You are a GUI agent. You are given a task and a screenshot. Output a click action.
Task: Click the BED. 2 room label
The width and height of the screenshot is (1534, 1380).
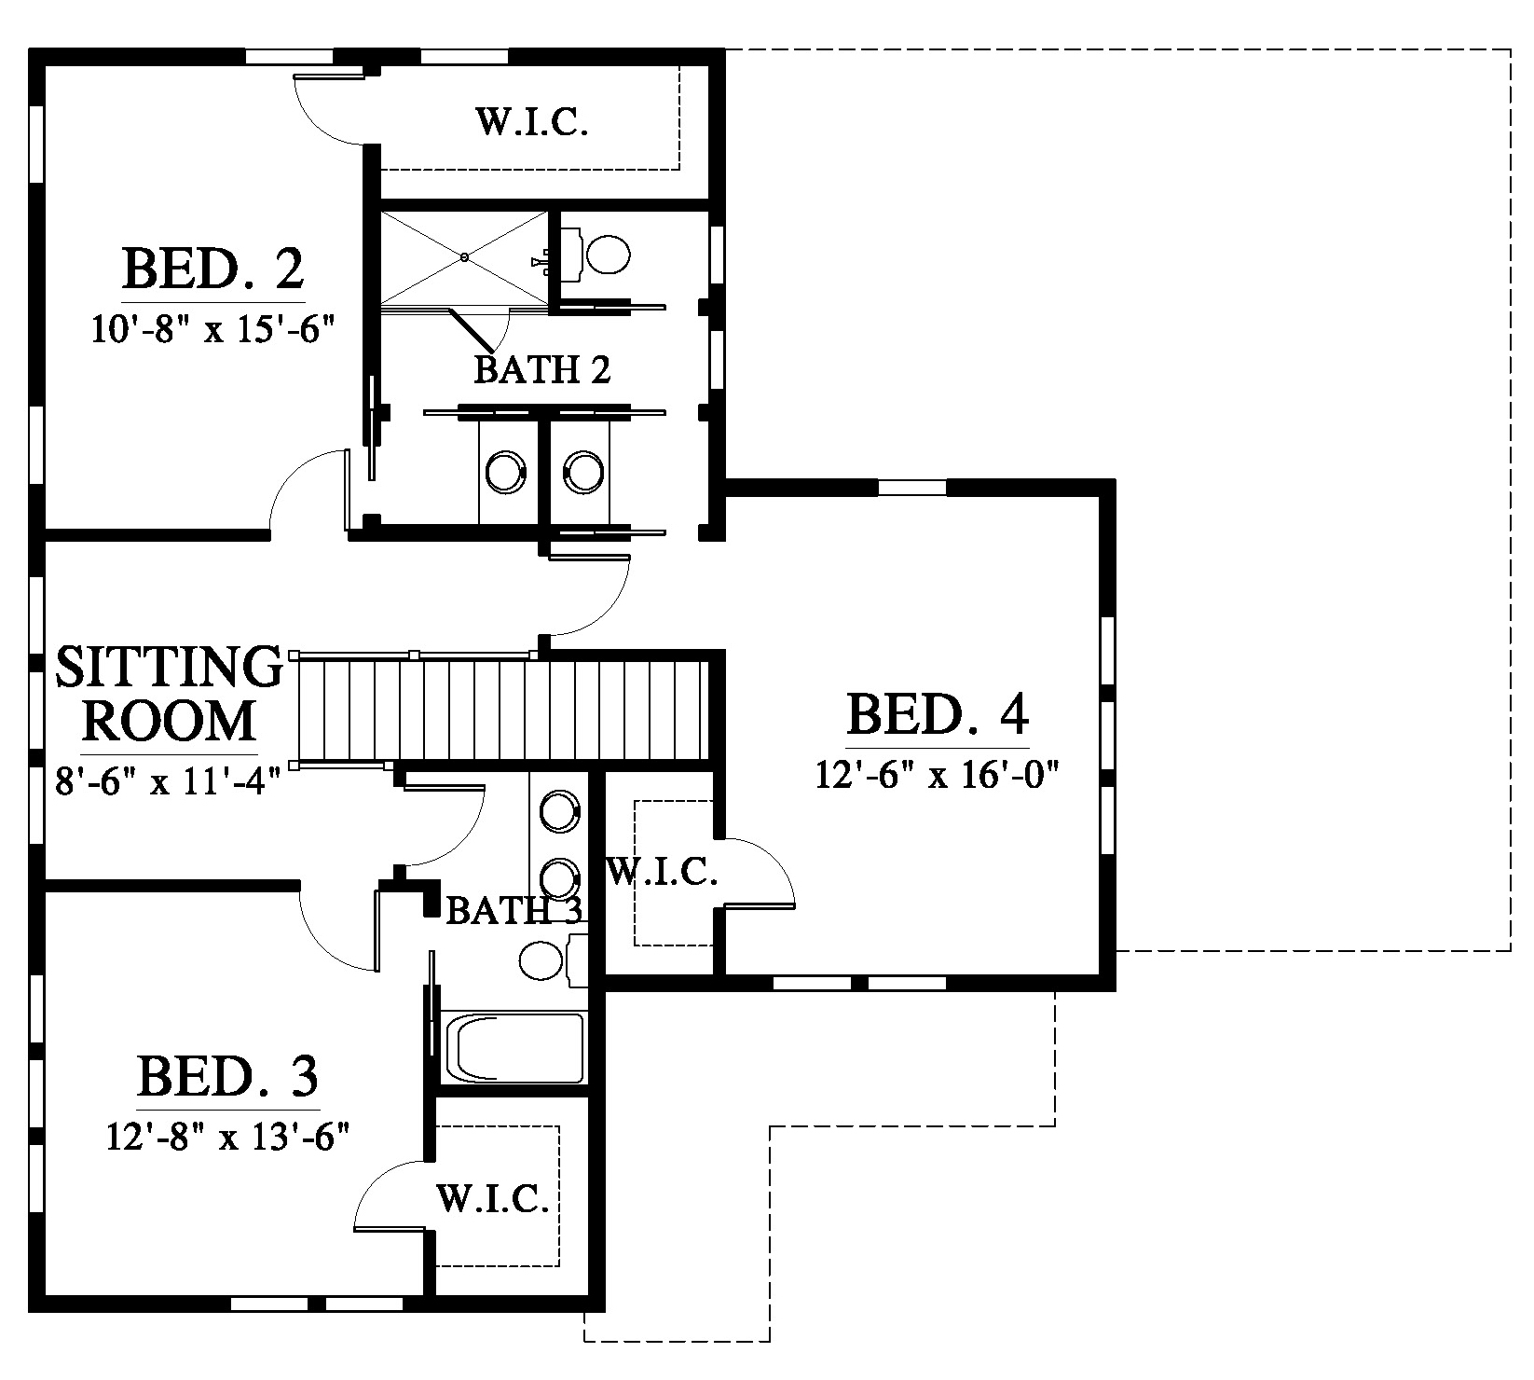[212, 269]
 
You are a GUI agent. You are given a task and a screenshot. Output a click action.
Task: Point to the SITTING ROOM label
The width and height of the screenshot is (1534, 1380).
[169, 693]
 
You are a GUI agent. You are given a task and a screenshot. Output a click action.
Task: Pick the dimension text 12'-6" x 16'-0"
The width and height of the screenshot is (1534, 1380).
[939, 774]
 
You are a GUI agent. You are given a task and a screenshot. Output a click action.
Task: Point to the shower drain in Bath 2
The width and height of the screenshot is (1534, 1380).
[464, 256]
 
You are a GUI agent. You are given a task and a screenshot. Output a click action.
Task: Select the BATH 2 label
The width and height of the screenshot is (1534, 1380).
[542, 370]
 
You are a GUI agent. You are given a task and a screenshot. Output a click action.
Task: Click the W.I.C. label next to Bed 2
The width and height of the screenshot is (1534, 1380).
[532, 122]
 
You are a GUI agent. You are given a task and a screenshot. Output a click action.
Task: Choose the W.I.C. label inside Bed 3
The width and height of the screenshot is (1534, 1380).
[492, 1199]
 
